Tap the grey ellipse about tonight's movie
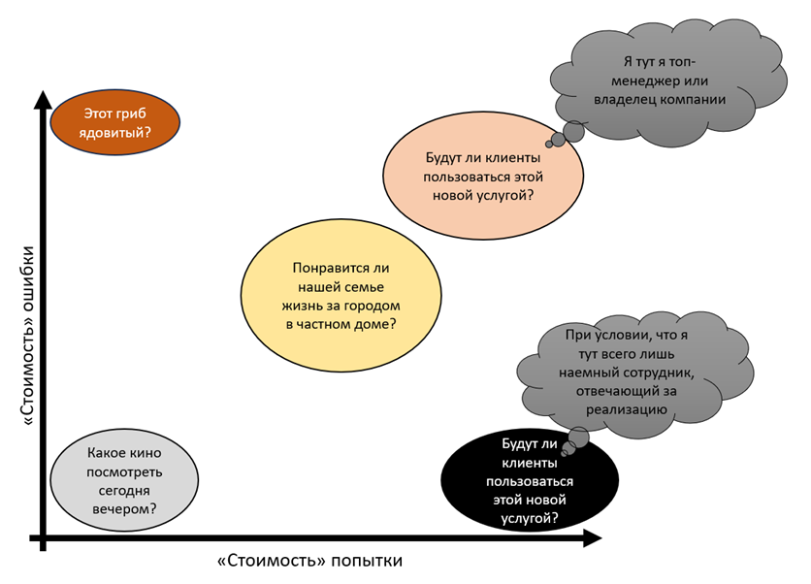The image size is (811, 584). click(x=123, y=480)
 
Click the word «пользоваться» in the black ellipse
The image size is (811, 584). click(x=529, y=481)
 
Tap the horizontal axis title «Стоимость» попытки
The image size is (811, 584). click(x=310, y=561)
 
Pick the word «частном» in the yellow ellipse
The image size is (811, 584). click(x=334, y=324)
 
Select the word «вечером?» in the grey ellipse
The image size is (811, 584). click(x=124, y=507)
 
